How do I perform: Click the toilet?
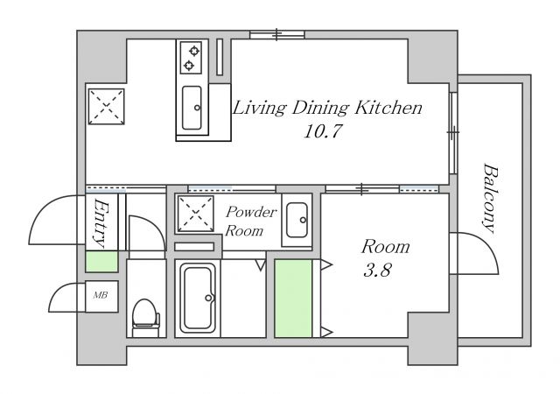click(x=146, y=318)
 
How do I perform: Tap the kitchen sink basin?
click(x=192, y=108)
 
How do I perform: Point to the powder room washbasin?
click(x=297, y=221)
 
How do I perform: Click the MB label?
click(x=101, y=295)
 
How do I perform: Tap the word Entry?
click(x=101, y=223)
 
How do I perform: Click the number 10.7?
click(x=323, y=131)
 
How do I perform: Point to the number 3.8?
click(x=377, y=270)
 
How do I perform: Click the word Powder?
click(x=251, y=213)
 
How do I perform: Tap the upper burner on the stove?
click(x=194, y=51)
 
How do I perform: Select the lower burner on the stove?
click(x=189, y=65)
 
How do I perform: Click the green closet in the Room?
click(x=293, y=299)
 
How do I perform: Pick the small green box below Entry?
click(x=101, y=262)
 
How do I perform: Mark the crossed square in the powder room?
click(x=195, y=214)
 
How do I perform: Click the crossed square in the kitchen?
click(x=107, y=107)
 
